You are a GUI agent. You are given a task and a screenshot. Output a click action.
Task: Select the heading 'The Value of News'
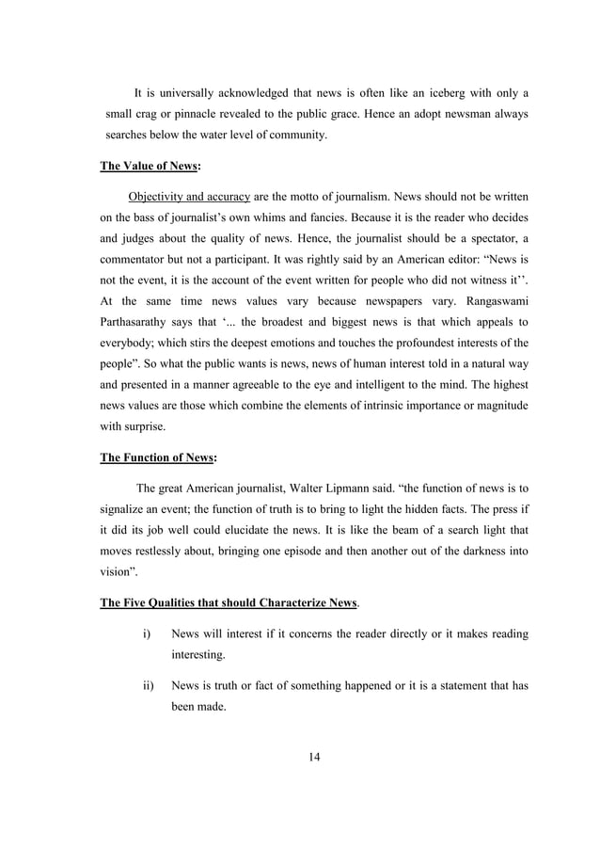coord(150,167)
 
